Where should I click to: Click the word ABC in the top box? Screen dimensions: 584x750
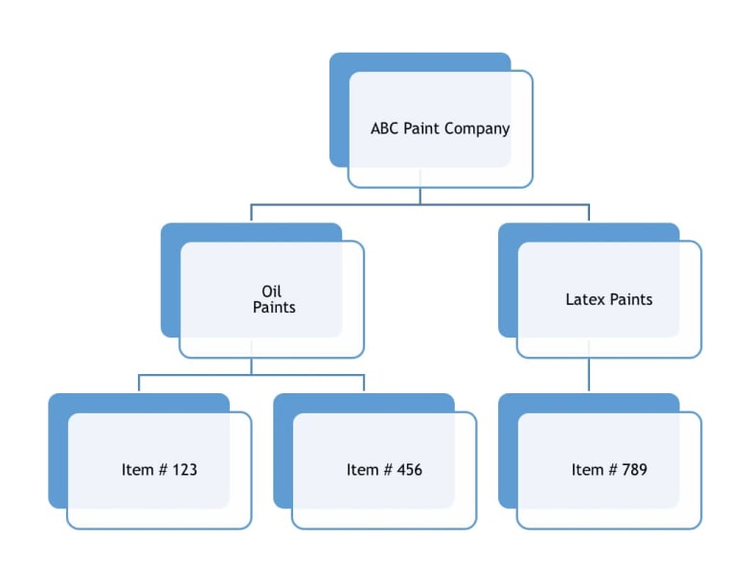tap(384, 128)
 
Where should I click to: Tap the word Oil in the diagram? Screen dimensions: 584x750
tap(272, 292)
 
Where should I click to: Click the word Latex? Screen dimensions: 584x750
tap(586, 299)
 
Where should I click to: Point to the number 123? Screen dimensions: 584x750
tap(186, 470)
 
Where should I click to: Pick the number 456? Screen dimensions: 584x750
tap(410, 470)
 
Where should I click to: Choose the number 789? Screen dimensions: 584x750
tap(635, 470)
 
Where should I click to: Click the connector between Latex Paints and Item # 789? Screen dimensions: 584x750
tap(589, 375)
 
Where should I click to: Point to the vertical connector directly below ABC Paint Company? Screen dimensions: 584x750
tap(420, 195)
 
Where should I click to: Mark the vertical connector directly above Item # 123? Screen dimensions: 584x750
tap(139, 383)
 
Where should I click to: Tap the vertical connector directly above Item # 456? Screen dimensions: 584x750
tap(364, 383)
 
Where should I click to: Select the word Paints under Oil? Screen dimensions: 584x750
tap(274, 308)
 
